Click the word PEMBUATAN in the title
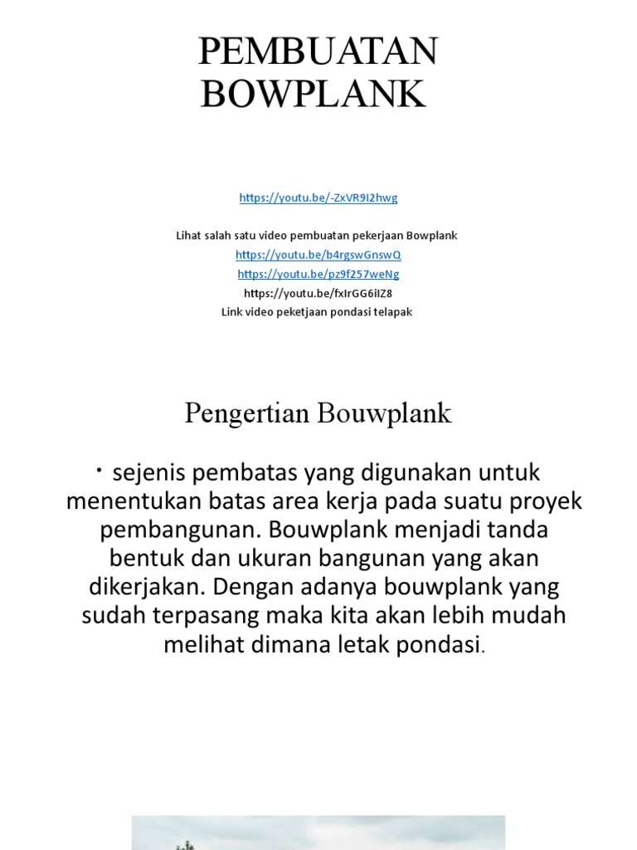coord(318,53)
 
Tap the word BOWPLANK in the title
coord(314,94)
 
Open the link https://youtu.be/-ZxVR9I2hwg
coord(318,198)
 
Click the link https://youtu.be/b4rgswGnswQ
coord(318,255)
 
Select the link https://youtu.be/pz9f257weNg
coord(318,274)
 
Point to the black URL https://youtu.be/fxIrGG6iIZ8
coord(318,293)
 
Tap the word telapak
coord(392,312)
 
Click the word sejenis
coord(150,474)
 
